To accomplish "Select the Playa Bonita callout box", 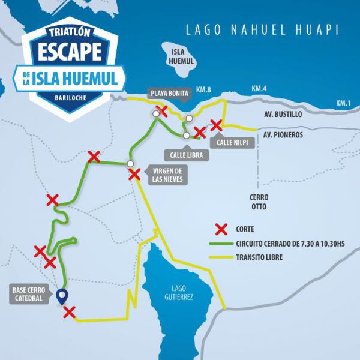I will pyautogui.click(x=170, y=94).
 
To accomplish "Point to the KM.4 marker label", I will pyautogui.click(x=259, y=89).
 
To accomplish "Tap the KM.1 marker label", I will pyautogui.click(x=343, y=103).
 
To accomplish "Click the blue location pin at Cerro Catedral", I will pyautogui.click(x=61, y=295).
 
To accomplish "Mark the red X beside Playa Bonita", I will pyautogui.click(x=160, y=111).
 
